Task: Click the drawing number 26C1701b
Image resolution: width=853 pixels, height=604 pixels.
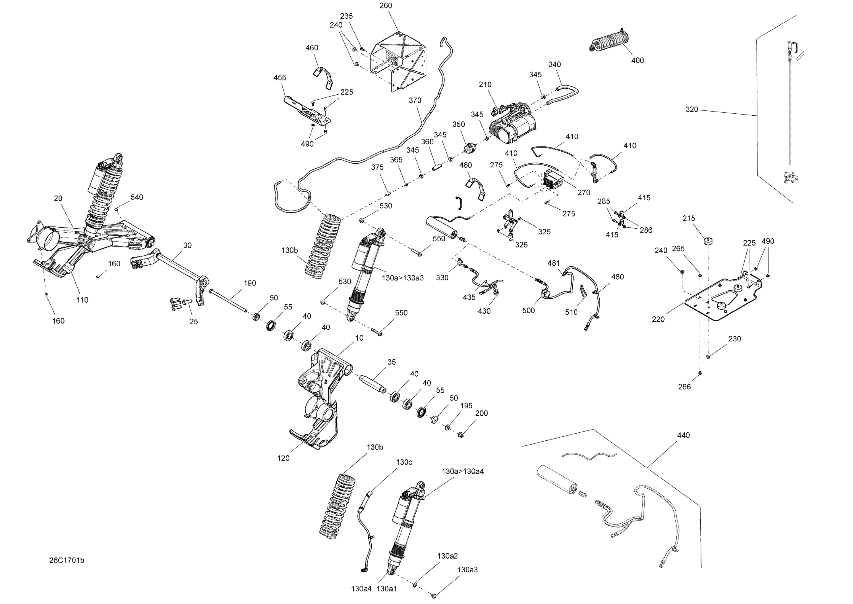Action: [67, 561]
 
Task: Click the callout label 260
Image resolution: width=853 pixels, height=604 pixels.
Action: [386, 6]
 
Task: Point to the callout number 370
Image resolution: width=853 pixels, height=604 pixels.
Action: [415, 100]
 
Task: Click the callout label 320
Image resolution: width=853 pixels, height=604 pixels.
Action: [692, 109]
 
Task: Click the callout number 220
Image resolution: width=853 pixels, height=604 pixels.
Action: [658, 319]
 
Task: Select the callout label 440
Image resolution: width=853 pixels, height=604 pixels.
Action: [683, 435]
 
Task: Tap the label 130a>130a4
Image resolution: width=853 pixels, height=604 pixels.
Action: [463, 472]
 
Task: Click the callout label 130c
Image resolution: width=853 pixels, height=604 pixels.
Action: [404, 462]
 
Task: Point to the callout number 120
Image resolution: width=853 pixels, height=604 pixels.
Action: [283, 458]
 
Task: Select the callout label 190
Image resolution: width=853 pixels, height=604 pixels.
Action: [250, 284]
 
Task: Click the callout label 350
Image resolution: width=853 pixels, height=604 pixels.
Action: [459, 124]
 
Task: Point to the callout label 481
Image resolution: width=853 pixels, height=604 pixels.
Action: [553, 263]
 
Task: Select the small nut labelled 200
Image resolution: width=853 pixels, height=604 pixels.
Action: [460, 434]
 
